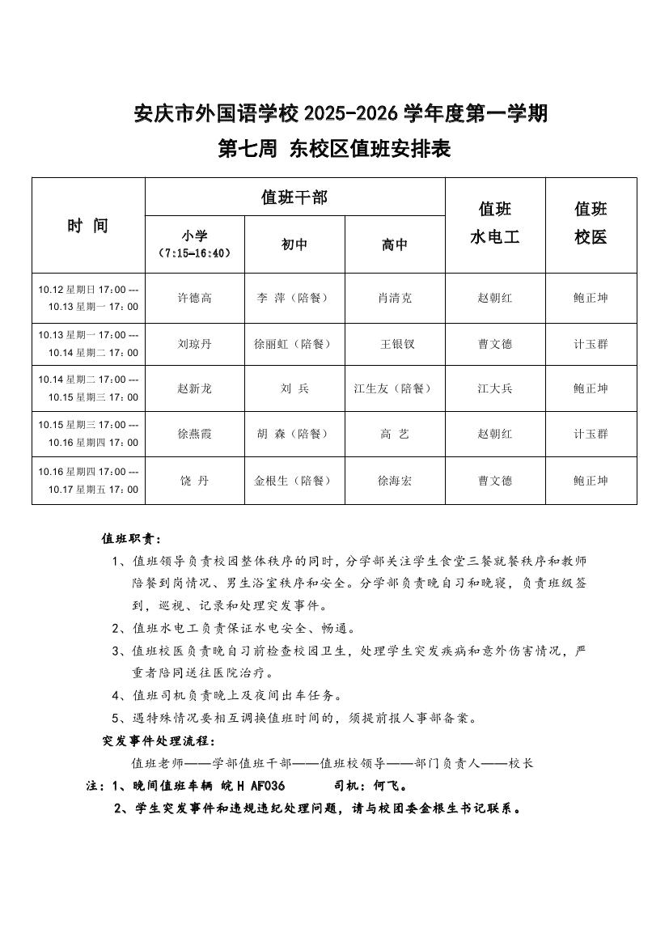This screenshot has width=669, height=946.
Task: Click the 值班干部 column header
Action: point(294,197)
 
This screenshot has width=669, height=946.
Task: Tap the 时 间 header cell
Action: point(87,226)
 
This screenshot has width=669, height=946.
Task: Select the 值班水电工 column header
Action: point(495,223)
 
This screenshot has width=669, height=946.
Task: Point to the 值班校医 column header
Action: point(591,223)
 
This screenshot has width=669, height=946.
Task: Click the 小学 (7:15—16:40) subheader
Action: point(194,244)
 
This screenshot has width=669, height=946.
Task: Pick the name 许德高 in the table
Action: point(194,298)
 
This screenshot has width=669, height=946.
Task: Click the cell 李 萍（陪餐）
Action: point(294,298)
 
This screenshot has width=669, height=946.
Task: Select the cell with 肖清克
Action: point(395,298)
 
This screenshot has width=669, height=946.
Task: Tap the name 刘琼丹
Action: point(194,344)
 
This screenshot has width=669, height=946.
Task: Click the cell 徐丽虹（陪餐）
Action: point(294,344)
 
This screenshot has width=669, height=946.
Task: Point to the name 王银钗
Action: point(395,344)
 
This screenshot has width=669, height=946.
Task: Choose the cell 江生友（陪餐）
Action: point(395,388)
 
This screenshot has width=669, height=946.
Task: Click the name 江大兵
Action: point(495,388)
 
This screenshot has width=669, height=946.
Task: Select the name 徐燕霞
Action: point(194,434)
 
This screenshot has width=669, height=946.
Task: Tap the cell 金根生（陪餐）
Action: point(294,481)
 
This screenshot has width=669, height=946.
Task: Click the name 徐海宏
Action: point(395,481)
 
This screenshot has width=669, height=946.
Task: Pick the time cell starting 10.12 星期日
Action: point(88,298)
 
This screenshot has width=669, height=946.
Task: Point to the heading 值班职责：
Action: point(131,538)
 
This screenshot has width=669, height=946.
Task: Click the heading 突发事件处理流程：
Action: point(159,740)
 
